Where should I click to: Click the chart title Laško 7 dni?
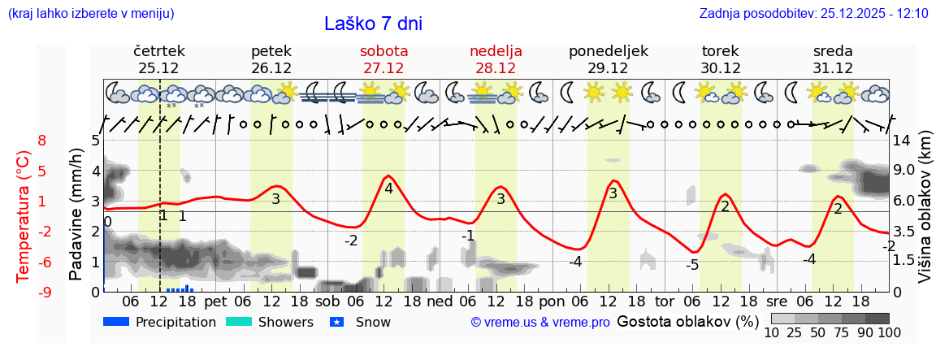coord(373,24)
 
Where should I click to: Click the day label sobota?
coord(383,51)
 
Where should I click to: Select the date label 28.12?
coord(496,68)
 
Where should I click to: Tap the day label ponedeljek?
coord(608,51)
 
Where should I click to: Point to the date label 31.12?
coord(833,68)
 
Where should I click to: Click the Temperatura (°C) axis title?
coord(23,215)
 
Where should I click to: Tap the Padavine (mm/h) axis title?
coord(76,215)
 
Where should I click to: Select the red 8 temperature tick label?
coord(42,141)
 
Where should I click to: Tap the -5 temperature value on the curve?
coord(692,265)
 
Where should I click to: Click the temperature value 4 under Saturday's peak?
coord(388,189)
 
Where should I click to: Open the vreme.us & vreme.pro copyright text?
coord(539,322)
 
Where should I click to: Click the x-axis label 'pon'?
coord(550,300)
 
